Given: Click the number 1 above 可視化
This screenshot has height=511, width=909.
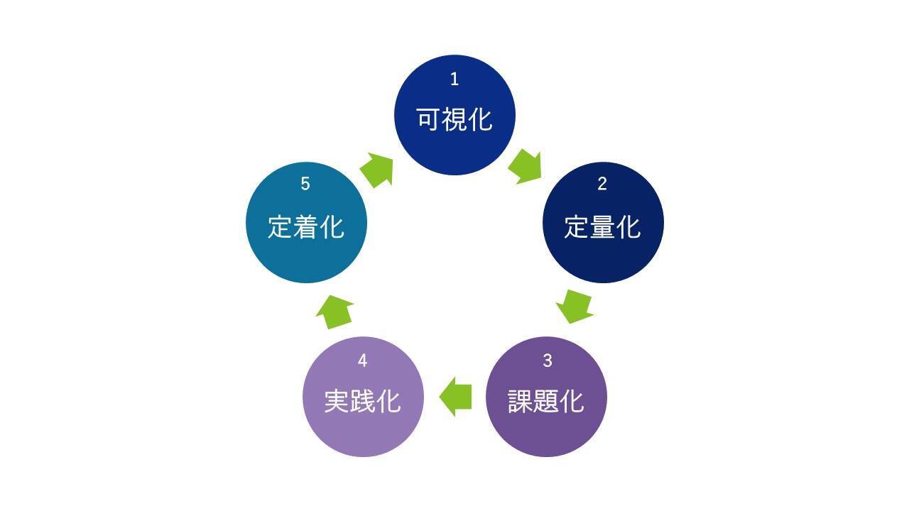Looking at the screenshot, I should pyautogui.click(x=454, y=79).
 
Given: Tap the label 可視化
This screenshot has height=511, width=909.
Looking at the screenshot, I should pyautogui.click(x=454, y=120).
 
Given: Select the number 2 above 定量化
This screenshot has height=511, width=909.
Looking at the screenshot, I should pyautogui.click(x=602, y=185).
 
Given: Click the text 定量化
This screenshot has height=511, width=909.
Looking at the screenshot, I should pyautogui.click(x=602, y=227).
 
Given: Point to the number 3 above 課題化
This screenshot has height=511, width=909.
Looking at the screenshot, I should pyautogui.click(x=547, y=361).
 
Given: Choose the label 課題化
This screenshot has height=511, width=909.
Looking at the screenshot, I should pyautogui.click(x=546, y=402).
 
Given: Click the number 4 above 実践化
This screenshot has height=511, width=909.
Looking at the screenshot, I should pyautogui.click(x=362, y=361).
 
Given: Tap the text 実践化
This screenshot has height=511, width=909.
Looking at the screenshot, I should pyautogui.click(x=362, y=402).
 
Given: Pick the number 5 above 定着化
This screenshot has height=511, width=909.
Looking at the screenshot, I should pyautogui.click(x=305, y=185).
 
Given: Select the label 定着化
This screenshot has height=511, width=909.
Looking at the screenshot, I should pyautogui.click(x=306, y=227).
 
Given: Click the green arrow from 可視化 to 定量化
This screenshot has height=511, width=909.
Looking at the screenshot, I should pyautogui.click(x=526, y=166).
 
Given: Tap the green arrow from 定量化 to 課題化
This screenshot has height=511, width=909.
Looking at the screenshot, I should pyautogui.click(x=575, y=306).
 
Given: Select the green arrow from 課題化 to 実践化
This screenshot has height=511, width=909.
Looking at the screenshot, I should pyautogui.click(x=456, y=396).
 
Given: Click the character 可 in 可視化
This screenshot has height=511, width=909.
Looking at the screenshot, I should pyautogui.click(x=429, y=120).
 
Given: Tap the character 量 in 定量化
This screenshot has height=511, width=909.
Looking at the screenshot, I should pyautogui.click(x=602, y=227).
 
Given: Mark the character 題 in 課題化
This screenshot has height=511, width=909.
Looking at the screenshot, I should pyautogui.click(x=546, y=402).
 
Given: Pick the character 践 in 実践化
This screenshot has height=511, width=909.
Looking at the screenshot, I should pyautogui.click(x=362, y=402).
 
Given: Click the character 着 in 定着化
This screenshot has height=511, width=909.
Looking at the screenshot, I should pyautogui.click(x=306, y=227).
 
